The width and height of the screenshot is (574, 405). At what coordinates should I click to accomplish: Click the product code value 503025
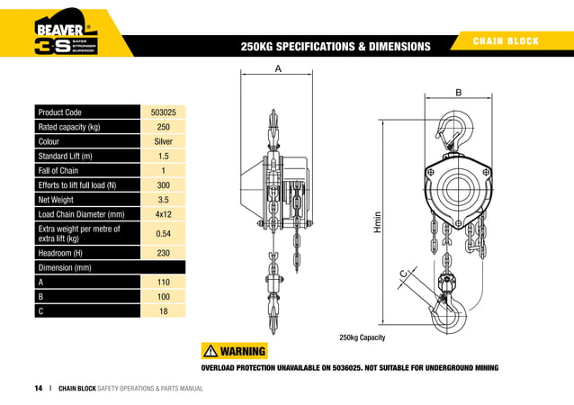(x=164, y=112)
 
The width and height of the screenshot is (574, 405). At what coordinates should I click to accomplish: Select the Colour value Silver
(x=164, y=141)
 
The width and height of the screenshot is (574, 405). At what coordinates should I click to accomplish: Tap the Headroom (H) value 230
(x=164, y=253)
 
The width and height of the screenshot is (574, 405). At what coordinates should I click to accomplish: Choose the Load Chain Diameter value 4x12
(x=164, y=214)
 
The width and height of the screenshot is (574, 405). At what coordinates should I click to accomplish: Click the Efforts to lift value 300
(x=164, y=185)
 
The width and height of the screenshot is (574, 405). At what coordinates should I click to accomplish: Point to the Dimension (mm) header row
(x=109, y=267)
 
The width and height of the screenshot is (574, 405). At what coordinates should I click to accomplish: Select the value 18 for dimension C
(x=164, y=310)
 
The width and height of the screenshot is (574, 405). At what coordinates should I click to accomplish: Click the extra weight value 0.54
(x=164, y=233)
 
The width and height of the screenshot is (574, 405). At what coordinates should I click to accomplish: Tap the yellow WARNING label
(x=236, y=351)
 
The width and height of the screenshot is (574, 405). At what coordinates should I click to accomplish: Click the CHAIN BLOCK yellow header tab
(x=510, y=41)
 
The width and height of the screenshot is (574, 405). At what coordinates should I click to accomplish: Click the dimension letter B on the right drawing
(x=458, y=93)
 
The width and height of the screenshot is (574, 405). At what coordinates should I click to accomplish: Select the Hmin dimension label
(x=378, y=223)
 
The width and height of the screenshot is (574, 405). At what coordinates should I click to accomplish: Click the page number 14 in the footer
(x=39, y=388)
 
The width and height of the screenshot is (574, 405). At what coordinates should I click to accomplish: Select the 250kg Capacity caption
(x=363, y=337)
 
